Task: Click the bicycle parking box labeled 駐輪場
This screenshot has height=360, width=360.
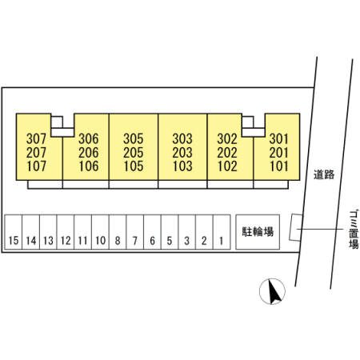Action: [258, 232]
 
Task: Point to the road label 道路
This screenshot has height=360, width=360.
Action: [324, 174]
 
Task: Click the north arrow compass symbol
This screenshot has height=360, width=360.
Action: [272, 291]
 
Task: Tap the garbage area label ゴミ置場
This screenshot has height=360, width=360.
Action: [354, 230]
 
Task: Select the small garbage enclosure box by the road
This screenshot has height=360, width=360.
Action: [296, 227]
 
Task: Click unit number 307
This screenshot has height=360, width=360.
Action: [36, 138]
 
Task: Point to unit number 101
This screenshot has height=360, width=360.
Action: [279, 166]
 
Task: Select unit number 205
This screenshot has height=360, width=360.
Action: [134, 153]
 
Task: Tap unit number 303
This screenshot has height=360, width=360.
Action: [182, 138]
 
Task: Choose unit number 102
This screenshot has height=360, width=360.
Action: [227, 166]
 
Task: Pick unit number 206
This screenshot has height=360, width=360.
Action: [89, 153]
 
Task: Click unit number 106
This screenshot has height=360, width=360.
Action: [89, 166]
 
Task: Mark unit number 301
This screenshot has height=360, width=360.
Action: [279, 138]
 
